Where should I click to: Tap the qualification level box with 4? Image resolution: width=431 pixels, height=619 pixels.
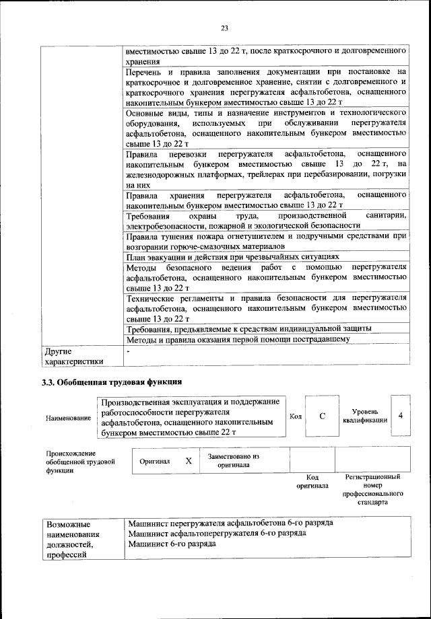pyautogui.click(x=400, y=415)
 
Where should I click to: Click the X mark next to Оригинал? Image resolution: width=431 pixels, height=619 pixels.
pyautogui.click(x=189, y=461)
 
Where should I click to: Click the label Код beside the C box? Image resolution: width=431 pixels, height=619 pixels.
pyautogui.click(x=295, y=416)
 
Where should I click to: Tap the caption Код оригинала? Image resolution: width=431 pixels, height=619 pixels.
pyautogui.click(x=312, y=481)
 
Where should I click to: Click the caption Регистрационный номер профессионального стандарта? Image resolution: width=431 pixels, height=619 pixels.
pyautogui.click(x=372, y=489)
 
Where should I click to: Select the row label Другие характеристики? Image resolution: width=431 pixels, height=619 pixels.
pyautogui.click(x=73, y=356)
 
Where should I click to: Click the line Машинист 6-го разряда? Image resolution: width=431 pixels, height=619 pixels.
pyautogui.click(x=172, y=544)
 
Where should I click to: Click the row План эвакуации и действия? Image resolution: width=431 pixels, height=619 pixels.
pyautogui.click(x=232, y=257)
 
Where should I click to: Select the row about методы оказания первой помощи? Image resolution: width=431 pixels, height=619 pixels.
pyautogui.click(x=238, y=339)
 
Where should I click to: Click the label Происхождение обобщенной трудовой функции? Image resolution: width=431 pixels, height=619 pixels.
pyautogui.click(x=77, y=462)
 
